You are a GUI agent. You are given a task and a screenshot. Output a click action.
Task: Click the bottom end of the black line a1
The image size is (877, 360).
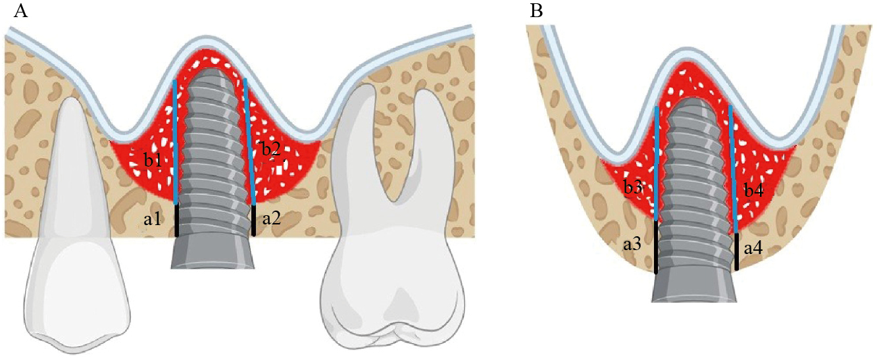(x=176, y=236)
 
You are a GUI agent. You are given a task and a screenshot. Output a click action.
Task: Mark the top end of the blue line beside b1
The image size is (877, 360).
(x=175, y=81)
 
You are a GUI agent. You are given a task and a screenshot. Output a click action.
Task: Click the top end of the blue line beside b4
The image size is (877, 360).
(x=730, y=106)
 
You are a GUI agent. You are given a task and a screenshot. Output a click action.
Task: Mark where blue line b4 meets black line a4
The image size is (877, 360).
(x=736, y=233)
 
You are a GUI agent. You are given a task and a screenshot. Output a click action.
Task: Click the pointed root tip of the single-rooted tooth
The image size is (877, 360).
(x=71, y=98)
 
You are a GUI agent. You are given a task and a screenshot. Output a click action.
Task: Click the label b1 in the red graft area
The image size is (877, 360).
(x=153, y=161)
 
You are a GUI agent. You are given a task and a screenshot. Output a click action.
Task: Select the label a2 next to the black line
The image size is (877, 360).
(x=271, y=219)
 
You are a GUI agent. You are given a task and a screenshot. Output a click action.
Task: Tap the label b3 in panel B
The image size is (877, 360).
(x=633, y=188)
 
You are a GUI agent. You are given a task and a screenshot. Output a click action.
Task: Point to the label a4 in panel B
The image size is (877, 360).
(x=753, y=248)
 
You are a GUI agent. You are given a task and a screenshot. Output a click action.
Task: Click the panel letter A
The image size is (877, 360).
(x=20, y=11)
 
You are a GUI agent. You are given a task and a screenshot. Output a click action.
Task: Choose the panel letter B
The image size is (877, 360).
(x=536, y=11)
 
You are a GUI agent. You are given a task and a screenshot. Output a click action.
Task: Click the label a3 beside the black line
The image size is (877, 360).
(x=632, y=244)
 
